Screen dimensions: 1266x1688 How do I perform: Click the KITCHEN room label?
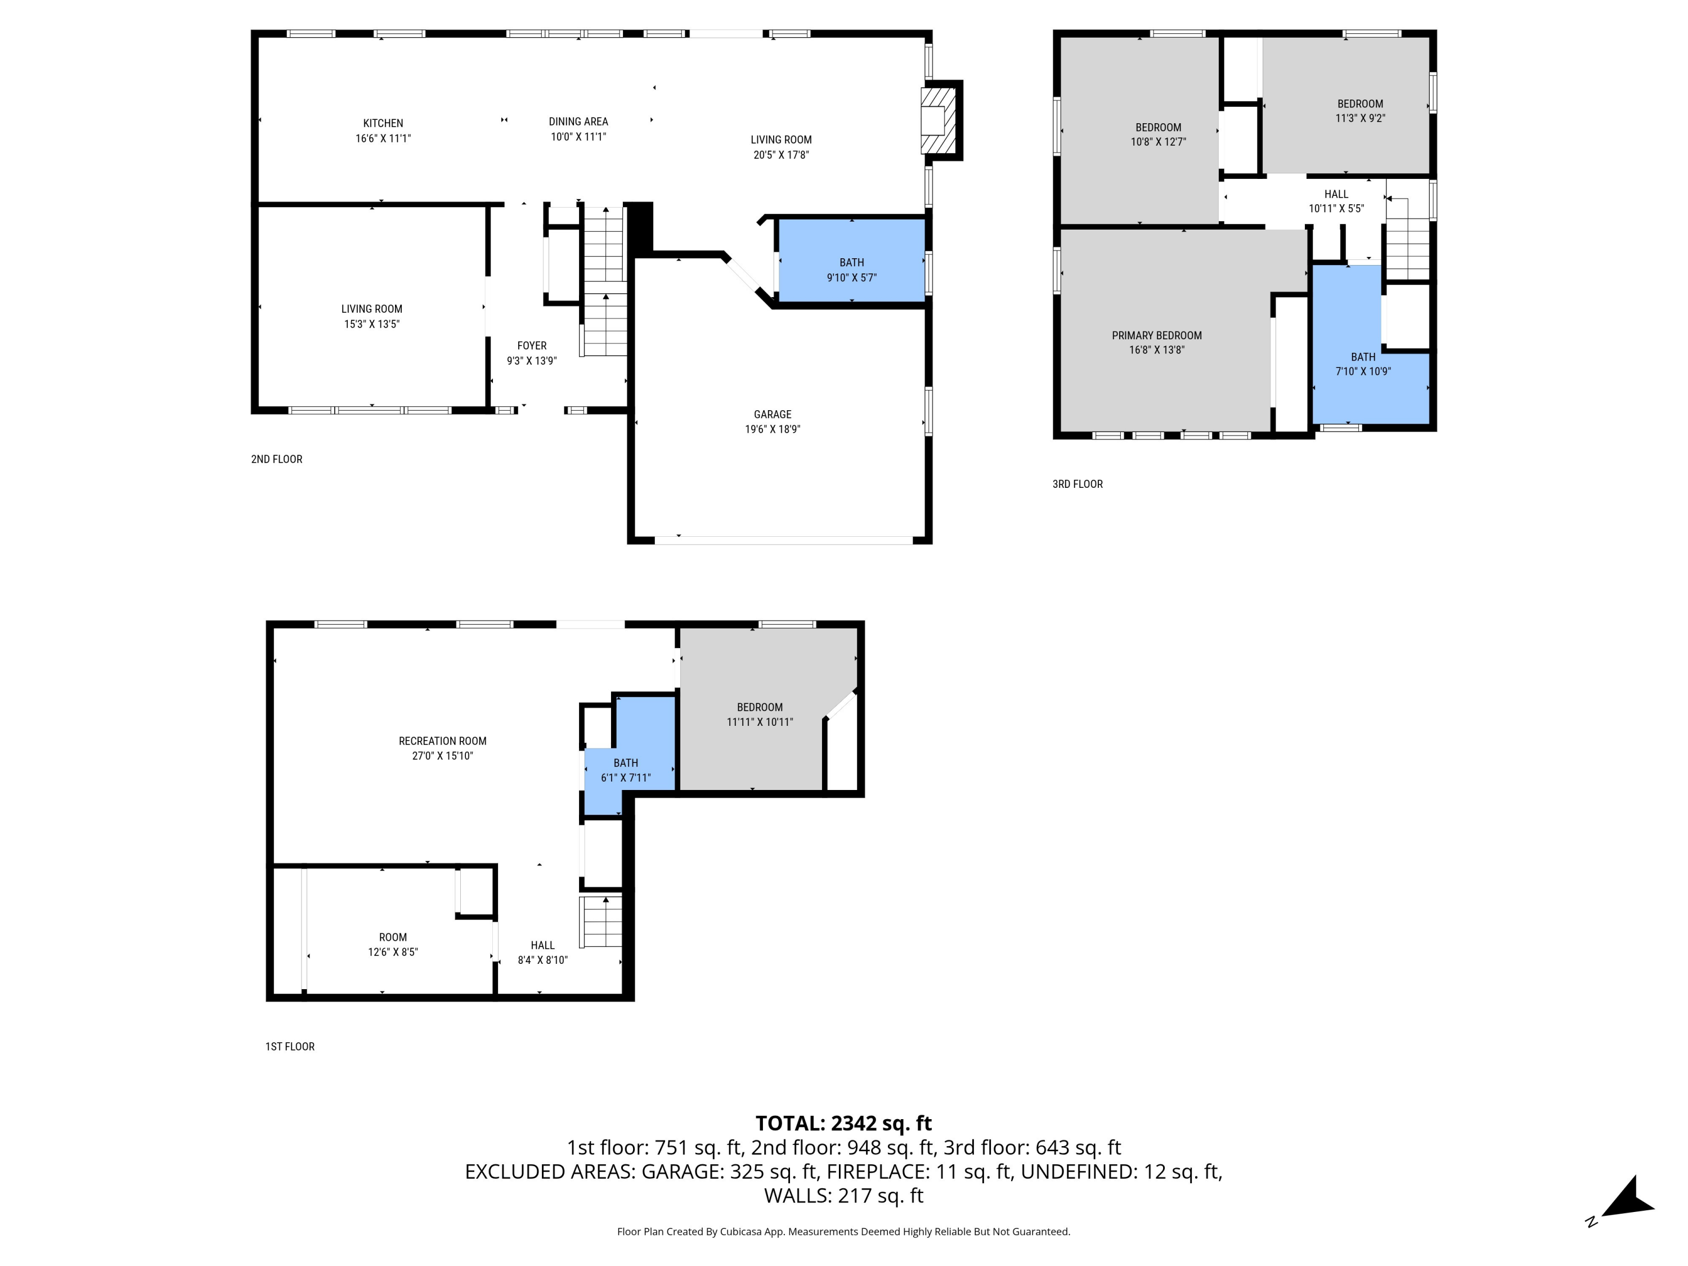(x=383, y=123)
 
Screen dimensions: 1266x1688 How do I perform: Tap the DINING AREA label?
(x=578, y=122)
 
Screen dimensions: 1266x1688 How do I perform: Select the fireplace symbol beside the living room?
(x=938, y=120)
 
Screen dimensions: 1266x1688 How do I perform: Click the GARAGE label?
(x=773, y=414)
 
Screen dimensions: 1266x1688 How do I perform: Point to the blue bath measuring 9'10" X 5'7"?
(x=852, y=262)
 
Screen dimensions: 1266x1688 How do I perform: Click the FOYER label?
(x=532, y=345)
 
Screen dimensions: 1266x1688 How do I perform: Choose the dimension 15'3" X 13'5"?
(x=371, y=324)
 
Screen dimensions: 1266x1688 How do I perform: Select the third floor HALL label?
(x=1336, y=194)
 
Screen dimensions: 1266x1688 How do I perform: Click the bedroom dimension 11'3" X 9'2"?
(x=1360, y=118)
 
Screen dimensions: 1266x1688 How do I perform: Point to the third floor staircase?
(x=1407, y=248)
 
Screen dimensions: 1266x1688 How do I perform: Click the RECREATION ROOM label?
(x=443, y=741)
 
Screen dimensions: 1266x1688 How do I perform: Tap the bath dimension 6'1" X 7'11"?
(x=626, y=778)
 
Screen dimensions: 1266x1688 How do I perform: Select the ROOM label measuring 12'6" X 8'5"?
(x=393, y=937)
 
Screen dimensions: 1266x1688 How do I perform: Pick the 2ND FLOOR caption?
(x=276, y=459)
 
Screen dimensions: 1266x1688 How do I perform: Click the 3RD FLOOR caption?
(x=1077, y=484)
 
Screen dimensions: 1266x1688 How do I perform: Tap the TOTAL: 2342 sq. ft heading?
(x=843, y=1123)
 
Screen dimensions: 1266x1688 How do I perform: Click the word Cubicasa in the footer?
(x=737, y=1231)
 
